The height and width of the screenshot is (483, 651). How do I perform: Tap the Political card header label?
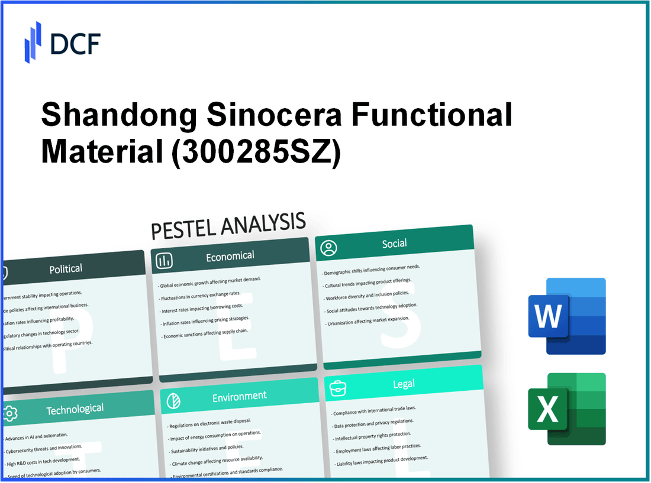pos(66,268)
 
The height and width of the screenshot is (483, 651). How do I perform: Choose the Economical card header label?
pos(230,256)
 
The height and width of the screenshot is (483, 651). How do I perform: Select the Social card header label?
pos(394,243)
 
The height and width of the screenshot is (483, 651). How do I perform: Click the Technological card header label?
pos(76,409)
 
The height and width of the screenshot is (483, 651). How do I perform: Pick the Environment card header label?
pos(240,396)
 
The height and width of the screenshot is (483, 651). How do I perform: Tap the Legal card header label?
pos(404,384)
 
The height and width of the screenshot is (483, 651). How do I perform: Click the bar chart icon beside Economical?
pos(165,260)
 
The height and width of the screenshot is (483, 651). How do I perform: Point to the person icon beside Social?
pos(328,247)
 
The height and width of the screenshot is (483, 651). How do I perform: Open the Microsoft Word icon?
pos(566,316)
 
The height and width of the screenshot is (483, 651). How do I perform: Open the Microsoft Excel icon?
pos(566,409)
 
